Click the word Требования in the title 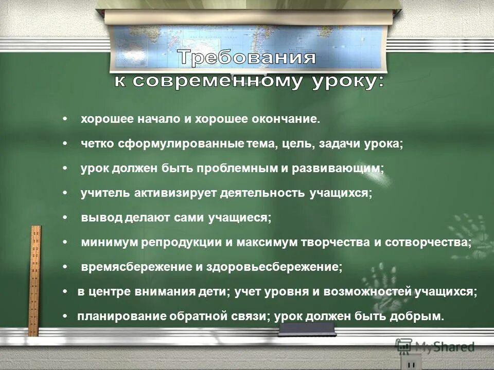247,58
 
